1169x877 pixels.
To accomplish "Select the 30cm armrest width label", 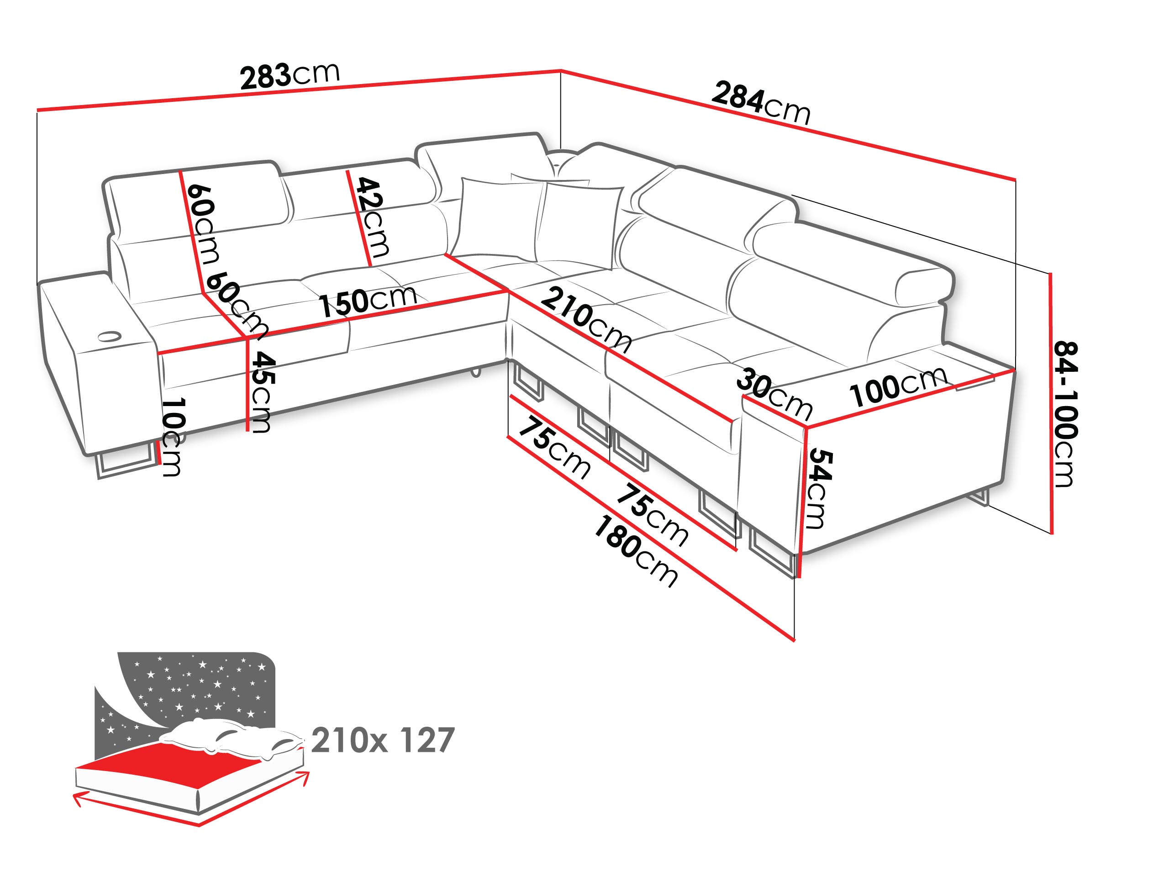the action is [774, 394].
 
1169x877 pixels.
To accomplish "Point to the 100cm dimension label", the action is [898, 386].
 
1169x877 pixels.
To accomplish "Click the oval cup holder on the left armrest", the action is [110, 336].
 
